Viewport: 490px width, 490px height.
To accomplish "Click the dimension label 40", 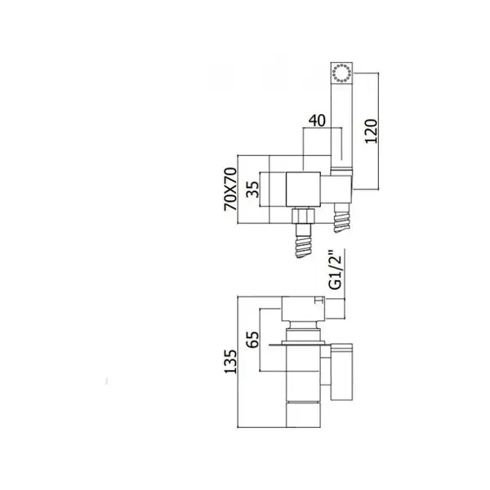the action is click(x=317, y=121).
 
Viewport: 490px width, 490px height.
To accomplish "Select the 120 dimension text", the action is click(x=372, y=131).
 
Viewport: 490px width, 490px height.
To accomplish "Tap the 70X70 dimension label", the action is click(x=230, y=189).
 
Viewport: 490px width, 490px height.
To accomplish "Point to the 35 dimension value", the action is click(x=252, y=189).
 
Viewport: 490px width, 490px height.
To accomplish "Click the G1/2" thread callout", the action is click(x=336, y=270).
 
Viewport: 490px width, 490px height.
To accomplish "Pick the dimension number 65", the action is click(x=252, y=340).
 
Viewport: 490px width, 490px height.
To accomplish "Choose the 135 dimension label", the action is click(x=230, y=362).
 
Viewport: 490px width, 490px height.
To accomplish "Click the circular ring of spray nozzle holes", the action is click(x=341, y=73).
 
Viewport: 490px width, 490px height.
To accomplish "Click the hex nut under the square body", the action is click(x=304, y=216).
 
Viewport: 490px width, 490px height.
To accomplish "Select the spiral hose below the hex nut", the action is click(x=303, y=247).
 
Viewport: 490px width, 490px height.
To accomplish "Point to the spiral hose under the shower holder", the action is click(x=341, y=218).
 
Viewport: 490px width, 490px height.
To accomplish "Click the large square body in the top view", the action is click(x=304, y=189).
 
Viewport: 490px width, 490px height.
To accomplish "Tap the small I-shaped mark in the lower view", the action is click(x=318, y=301).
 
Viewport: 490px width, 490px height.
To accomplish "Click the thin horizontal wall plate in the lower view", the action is click(x=300, y=345).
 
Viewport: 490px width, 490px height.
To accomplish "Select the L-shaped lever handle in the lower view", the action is click(x=341, y=372).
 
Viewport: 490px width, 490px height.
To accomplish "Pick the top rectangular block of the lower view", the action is click(x=304, y=309).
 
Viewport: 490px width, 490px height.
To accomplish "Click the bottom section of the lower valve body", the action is click(x=304, y=415).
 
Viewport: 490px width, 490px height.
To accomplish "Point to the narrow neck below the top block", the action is click(x=304, y=325).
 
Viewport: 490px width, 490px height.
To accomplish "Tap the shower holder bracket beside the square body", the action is click(x=336, y=189).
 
